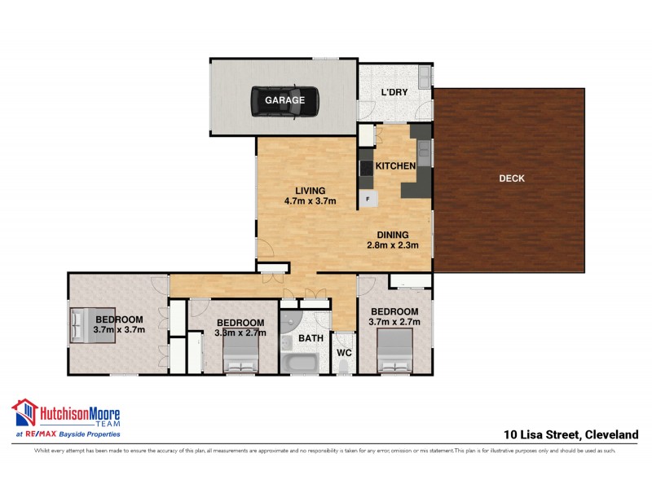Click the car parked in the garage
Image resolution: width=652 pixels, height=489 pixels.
(284, 100)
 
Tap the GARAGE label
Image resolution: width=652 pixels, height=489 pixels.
(284, 100)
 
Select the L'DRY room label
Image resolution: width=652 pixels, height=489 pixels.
(394, 92)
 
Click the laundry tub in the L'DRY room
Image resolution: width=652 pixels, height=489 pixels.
(425, 77)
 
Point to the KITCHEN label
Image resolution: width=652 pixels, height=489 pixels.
(396, 166)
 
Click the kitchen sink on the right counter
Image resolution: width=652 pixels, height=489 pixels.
(423, 150)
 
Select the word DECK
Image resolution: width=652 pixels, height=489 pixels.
(511, 178)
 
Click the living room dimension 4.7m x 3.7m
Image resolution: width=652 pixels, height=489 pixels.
(310, 200)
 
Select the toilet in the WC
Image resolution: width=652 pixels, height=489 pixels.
(343, 367)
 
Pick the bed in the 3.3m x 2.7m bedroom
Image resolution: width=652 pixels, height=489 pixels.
(240, 355)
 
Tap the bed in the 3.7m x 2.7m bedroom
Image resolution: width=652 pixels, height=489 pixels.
(394, 353)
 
